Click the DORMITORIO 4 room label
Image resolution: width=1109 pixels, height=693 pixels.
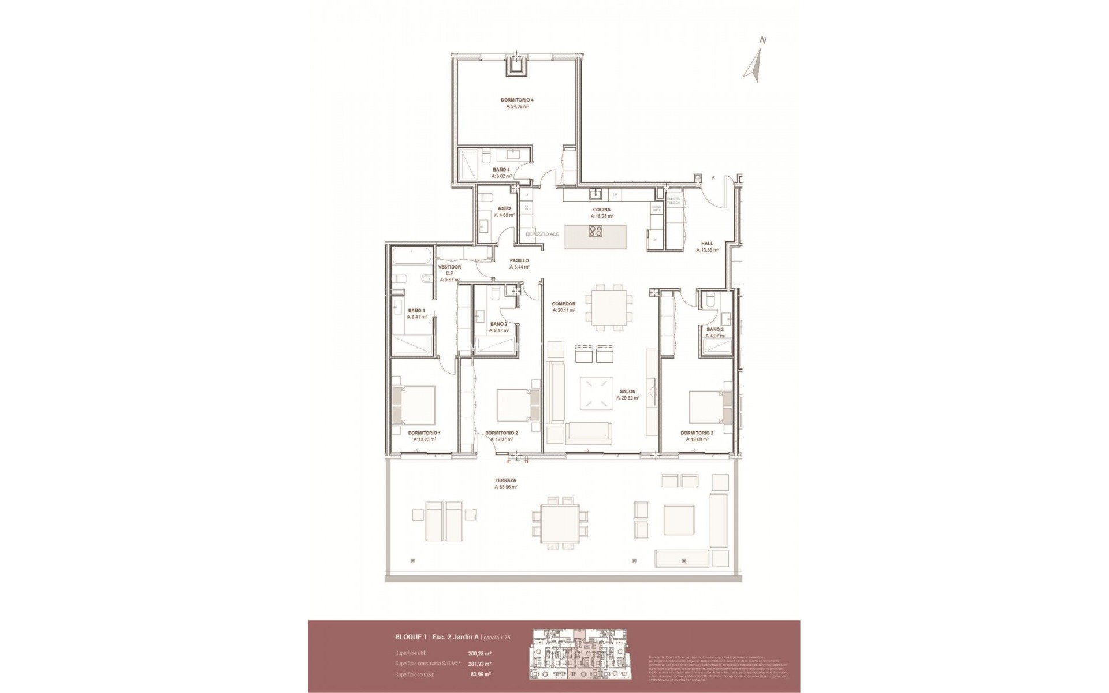[x=517, y=100]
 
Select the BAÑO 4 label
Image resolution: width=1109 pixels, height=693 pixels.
[x=501, y=169]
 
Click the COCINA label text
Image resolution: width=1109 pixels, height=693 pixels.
[x=601, y=210]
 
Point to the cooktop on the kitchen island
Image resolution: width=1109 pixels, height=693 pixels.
[x=595, y=232]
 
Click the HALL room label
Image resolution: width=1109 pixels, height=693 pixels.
[x=707, y=244]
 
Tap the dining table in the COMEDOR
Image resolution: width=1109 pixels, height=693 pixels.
[x=606, y=307]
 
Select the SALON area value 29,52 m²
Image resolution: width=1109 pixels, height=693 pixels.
[x=627, y=398]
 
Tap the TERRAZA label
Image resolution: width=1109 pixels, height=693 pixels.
[x=505, y=480]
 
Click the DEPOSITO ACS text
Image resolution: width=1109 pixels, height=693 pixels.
[x=542, y=234]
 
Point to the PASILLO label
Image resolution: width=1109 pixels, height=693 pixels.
[x=519, y=260]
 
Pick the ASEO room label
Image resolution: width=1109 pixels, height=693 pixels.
[x=504, y=208]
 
